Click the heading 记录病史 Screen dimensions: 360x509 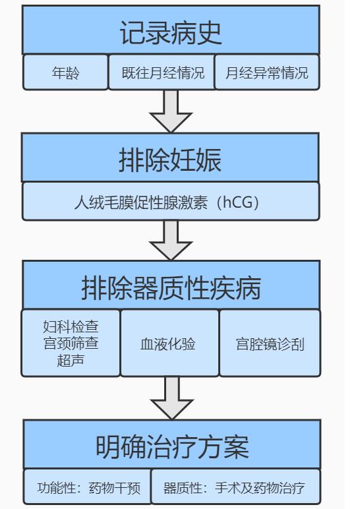[171, 33]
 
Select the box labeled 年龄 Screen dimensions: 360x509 [65, 72]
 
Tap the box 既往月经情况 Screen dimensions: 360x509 [162, 72]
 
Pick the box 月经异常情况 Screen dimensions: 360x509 [267, 72]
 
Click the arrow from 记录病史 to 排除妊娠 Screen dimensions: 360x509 [171, 111]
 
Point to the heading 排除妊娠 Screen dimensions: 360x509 [170, 160]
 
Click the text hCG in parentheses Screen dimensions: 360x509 [238, 202]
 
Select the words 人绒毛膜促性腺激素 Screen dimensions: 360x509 [141, 202]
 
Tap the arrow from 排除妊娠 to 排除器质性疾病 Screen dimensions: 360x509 [171, 240]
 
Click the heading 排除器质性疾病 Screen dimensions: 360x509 [171, 287]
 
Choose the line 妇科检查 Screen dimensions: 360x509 [71, 326]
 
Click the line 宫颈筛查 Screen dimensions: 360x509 [71, 344]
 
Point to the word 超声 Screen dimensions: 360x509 [71, 361]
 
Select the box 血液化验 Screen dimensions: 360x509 [169, 343]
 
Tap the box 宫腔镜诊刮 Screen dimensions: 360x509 [270, 343]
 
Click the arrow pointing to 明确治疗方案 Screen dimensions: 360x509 [172, 398]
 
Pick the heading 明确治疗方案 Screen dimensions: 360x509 [172, 446]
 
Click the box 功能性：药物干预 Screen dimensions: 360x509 [87, 487]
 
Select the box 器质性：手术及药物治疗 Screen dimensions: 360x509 [236, 487]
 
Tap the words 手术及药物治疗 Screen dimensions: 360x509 [260, 488]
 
